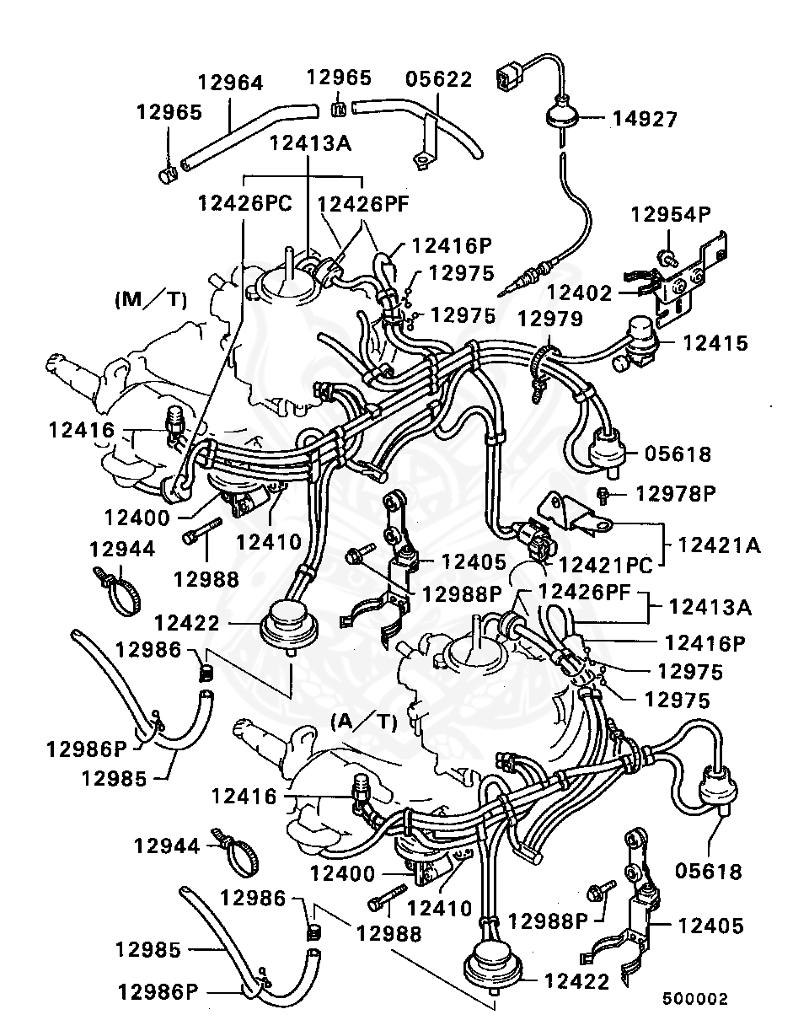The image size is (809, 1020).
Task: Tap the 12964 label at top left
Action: tap(230, 83)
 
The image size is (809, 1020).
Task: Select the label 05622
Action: tap(439, 79)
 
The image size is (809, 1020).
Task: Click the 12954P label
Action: tap(671, 214)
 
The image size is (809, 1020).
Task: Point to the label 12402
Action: tap(579, 293)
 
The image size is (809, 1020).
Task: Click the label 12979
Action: tap(549, 319)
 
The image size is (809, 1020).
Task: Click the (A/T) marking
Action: tap(363, 721)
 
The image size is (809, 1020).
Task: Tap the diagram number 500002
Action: tap(694, 998)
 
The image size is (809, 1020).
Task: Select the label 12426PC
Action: tap(245, 202)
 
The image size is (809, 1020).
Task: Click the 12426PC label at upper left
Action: tap(245, 202)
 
